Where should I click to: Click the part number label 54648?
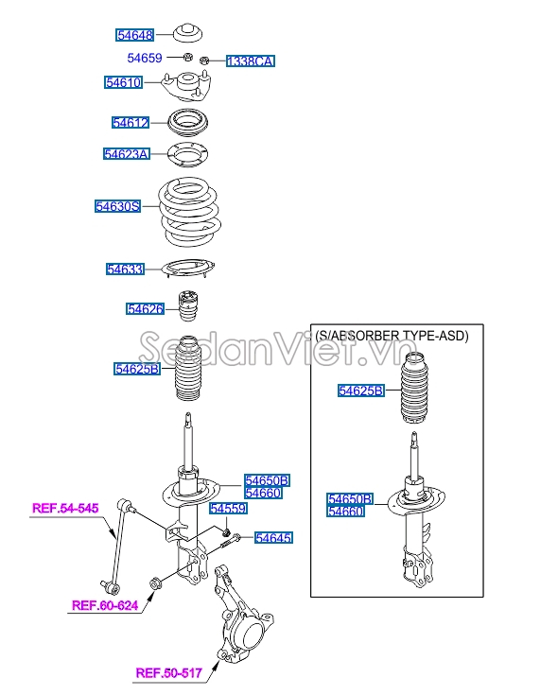(x=135, y=35)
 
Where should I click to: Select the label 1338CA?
(x=251, y=61)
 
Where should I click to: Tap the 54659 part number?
(x=145, y=58)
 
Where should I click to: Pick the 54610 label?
(x=124, y=82)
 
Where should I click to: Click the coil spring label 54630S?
(x=118, y=206)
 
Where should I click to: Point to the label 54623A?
(x=127, y=154)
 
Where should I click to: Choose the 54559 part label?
(x=228, y=509)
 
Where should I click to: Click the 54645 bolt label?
(x=273, y=538)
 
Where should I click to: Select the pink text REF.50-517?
(x=169, y=673)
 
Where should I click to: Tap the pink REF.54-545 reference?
(x=65, y=508)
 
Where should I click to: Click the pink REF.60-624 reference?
(x=105, y=605)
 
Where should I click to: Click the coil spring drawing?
(x=190, y=212)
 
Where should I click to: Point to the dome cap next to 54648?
(x=187, y=33)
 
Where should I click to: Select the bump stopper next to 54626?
(x=188, y=305)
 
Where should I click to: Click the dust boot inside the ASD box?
(x=415, y=388)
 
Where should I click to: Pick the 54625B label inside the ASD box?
(x=360, y=391)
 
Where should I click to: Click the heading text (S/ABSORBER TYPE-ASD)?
(x=392, y=336)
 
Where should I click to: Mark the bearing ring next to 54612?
(x=188, y=122)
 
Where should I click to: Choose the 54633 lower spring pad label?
(x=126, y=269)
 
